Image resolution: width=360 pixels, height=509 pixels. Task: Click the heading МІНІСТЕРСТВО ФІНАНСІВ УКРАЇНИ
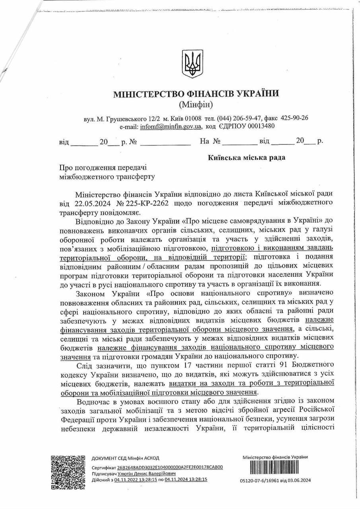(x=196, y=94)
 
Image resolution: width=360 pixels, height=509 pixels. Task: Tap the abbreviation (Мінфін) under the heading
(x=196, y=105)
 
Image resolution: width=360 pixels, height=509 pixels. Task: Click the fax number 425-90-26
(x=294, y=119)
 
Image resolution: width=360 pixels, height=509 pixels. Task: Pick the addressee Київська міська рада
(x=247, y=157)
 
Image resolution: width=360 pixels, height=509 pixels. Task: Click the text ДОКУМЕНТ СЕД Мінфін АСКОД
(x=125, y=458)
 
